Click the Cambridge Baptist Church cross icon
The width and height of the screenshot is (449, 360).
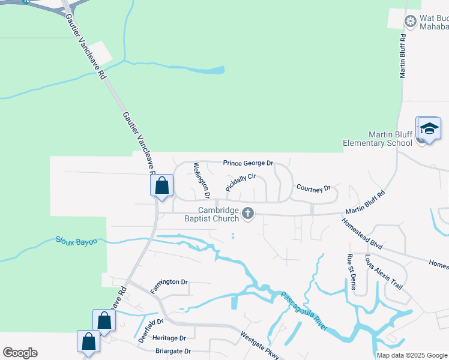(248, 213)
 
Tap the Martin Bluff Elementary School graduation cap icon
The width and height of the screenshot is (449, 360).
(429, 128)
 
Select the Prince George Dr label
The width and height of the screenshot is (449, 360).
(248, 163)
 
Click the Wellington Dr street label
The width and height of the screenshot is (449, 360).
(202, 179)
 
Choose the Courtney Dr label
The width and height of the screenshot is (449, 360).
(313, 188)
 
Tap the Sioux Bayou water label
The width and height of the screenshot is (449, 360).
(77, 242)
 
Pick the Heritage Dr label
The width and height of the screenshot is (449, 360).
(169, 338)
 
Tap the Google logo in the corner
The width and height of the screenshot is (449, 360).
(20, 353)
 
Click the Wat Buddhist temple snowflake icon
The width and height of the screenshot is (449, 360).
(411, 22)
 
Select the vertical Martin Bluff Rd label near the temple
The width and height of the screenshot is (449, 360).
(403, 55)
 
